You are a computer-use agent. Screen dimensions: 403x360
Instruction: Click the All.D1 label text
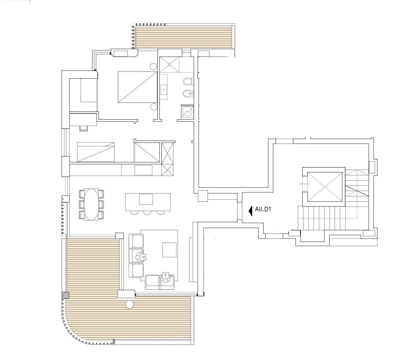click(x=263, y=209)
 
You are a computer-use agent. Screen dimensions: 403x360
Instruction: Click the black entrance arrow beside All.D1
click(x=251, y=211)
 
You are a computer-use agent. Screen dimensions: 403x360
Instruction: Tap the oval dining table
click(x=91, y=205)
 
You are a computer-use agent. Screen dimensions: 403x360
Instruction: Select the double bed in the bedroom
click(x=137, y=87)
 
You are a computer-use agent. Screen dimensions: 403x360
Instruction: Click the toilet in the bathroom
click(x=187, y=82)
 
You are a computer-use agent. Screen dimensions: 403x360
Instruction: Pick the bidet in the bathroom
click(x=187, y=93)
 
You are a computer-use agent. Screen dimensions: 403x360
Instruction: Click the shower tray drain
click(x=169, y=64)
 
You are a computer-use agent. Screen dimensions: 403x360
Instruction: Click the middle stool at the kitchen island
click(x=147, y=212)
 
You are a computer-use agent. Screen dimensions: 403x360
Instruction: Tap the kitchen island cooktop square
click(x=146, y=199)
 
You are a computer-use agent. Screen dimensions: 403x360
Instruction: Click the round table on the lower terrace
click(x=129, y=304)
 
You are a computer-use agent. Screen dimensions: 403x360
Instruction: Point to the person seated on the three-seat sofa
click(x=141, y=256)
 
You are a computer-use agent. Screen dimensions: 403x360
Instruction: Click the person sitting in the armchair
click(x=165, y=277)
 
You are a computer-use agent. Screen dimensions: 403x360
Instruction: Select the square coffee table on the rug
click(x=169, y=250)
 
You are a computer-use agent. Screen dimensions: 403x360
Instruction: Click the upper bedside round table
click(x=153, y=66)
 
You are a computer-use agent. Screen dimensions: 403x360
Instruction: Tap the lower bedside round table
click(x=153, y=107)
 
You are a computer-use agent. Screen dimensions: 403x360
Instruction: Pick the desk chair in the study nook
click(x=83, y=128)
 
